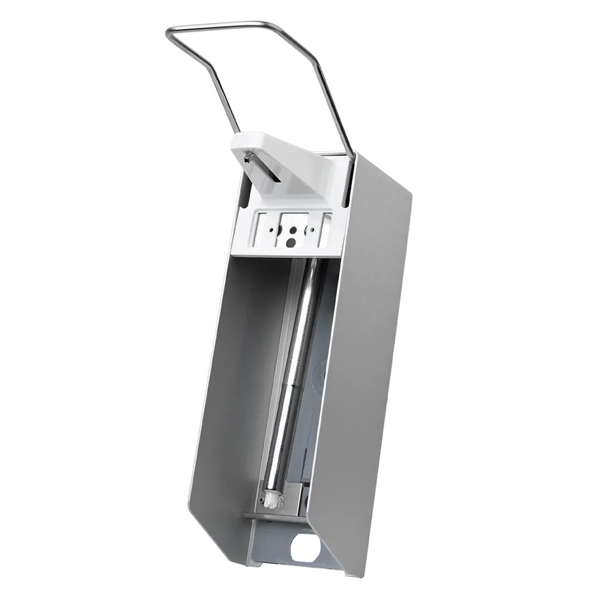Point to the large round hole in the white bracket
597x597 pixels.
tap(290, 242)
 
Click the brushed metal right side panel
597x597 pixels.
tap(364, 358)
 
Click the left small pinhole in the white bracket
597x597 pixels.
tap(271, 229)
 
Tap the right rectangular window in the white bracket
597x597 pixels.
tap(326, 230)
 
